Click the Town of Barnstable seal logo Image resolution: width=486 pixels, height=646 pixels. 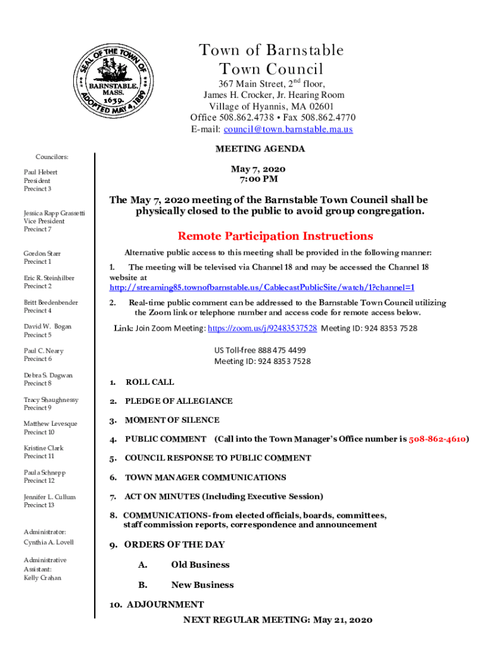point(111,78)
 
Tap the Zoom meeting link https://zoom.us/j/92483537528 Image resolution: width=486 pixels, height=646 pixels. point(262,328)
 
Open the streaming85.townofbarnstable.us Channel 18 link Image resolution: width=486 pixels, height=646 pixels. point(262,287)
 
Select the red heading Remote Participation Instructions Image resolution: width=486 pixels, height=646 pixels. point(275,236)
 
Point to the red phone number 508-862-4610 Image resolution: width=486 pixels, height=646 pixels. point(437,439)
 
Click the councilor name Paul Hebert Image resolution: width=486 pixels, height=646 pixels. point(40,172)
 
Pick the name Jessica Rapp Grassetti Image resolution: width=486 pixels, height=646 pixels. point(54,214)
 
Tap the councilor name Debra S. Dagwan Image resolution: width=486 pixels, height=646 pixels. point(48,375)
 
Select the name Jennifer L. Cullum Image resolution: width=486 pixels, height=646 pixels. point(49,497)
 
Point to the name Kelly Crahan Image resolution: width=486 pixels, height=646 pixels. point(42,578)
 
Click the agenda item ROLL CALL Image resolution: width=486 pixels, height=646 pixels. point(150,382)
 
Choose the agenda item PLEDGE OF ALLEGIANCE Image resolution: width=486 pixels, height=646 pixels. point(179,401)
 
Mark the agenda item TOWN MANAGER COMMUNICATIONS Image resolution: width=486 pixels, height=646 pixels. point(205,478)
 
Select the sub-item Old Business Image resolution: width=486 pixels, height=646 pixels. point(200,565)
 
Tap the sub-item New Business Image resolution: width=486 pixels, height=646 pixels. point(202,585)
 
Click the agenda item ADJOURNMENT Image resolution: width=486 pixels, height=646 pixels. point(165,604)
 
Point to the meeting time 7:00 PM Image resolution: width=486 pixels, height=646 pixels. point(258,179)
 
